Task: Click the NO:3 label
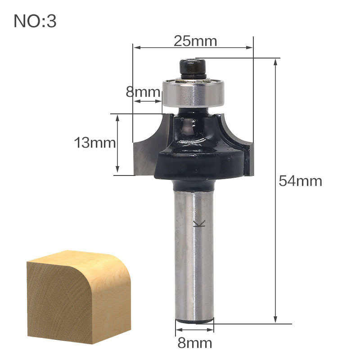click(x=35, y=21)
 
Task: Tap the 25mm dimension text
click(x=195, y=41)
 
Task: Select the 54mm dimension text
click(x=300, y=181)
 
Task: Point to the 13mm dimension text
click(x=95, y=143)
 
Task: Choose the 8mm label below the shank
click(x=194, y=343)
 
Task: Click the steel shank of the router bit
click(x=193, y=252)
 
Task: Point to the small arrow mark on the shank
click(x=197, y=224)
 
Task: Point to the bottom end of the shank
click(x=194, y=320)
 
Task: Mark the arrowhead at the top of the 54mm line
click(x=275, y=62)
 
